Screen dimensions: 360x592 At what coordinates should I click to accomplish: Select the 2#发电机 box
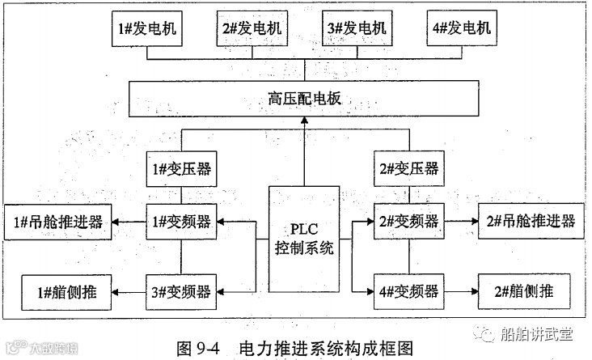[252, 28]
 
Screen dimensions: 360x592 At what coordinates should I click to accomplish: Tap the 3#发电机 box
[357, 28]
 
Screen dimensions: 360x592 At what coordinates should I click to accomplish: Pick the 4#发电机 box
[461, 28]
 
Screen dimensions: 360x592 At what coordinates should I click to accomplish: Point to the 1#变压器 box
[180, 170]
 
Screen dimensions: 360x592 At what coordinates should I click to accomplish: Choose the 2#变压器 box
[408, 170]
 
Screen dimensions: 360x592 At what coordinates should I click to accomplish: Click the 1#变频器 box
[180, 221]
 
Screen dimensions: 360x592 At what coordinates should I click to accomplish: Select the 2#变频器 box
[408, 221]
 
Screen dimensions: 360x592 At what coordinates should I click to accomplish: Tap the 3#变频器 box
[180, 289]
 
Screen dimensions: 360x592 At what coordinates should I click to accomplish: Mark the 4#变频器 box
[408, 289]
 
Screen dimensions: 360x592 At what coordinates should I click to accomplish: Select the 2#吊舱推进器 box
[529, 221]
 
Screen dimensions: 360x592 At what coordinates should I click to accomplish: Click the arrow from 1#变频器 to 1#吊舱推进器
[129, 221]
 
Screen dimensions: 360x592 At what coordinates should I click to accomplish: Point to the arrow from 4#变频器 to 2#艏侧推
[460, 289]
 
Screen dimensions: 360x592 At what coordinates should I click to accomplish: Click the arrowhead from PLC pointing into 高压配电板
[305, 121]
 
